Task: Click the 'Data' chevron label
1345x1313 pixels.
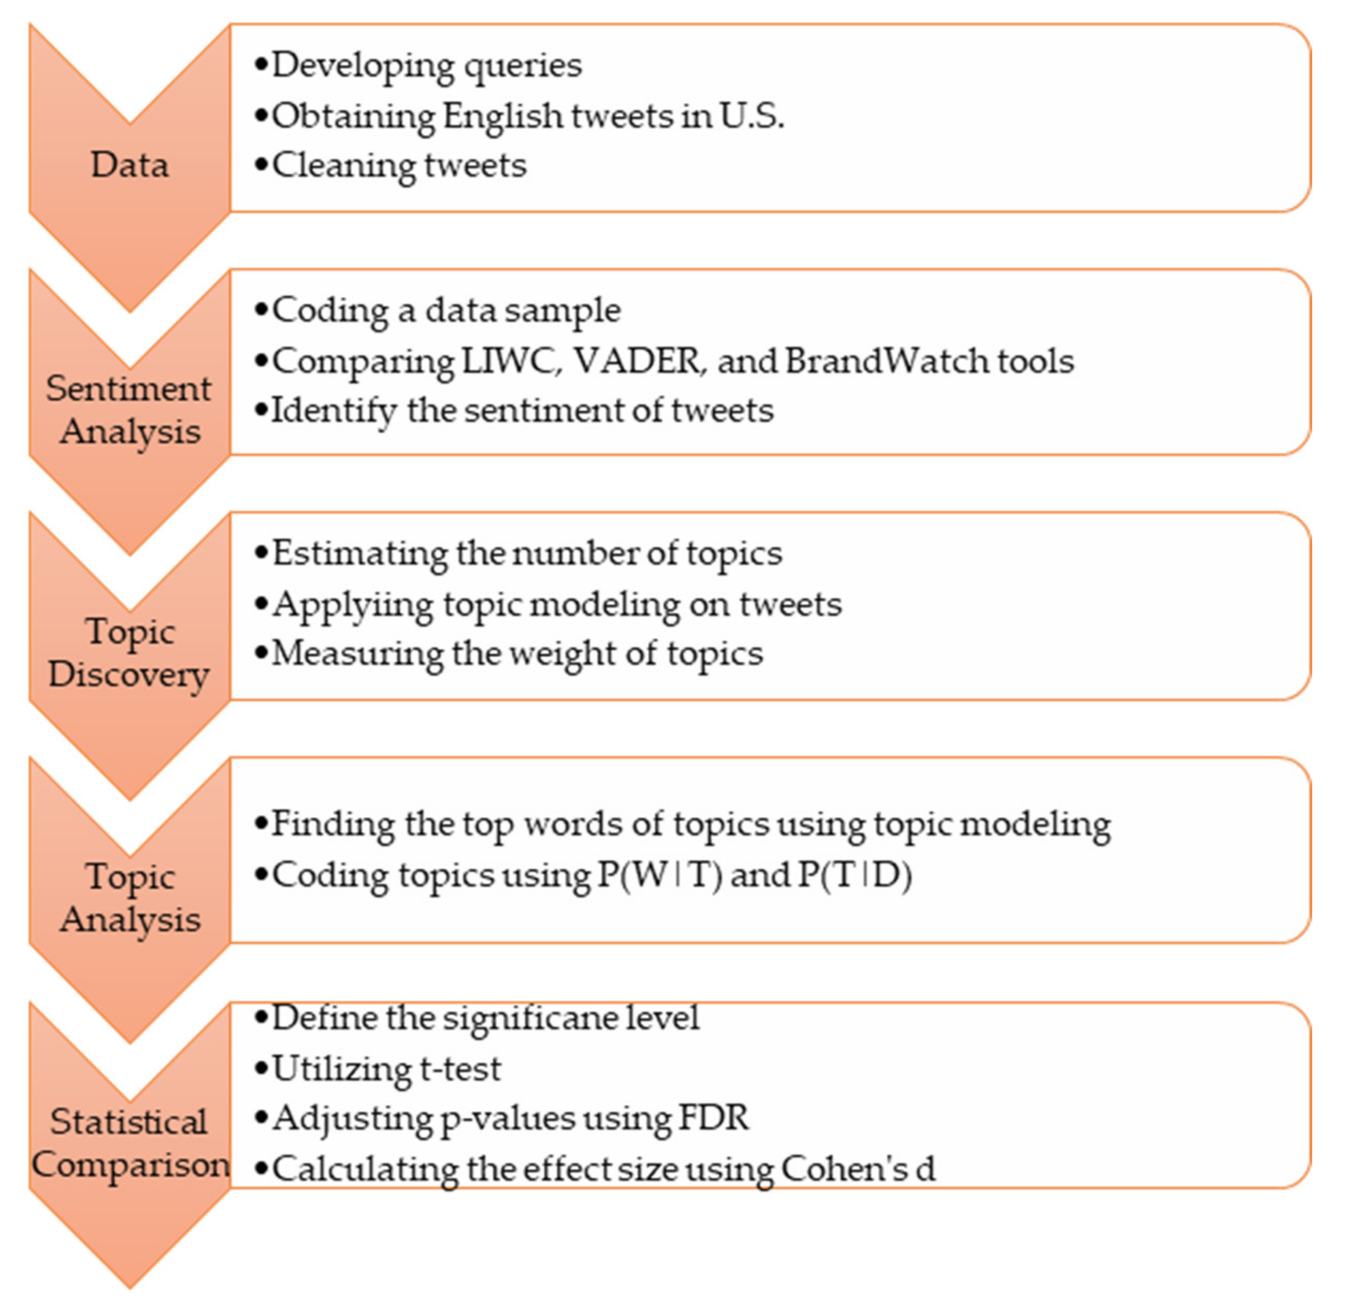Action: (129, 166)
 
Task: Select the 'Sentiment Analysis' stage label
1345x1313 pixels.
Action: (129, 410)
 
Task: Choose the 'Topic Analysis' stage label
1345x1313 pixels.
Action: (129, 898)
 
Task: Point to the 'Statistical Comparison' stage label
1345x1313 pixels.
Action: (129, 1144)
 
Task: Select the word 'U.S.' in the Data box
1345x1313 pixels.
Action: (752, 116)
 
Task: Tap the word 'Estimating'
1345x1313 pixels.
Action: (358, 554)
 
